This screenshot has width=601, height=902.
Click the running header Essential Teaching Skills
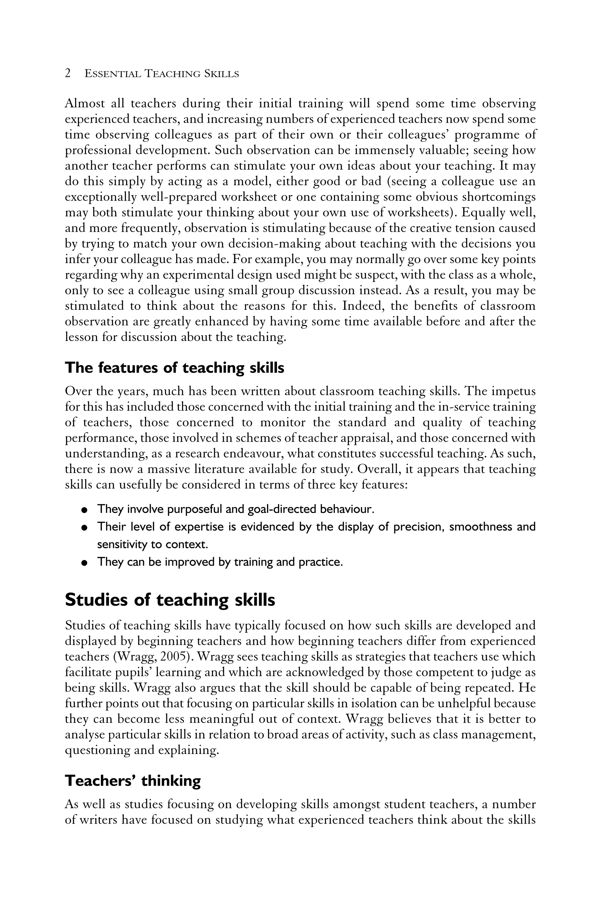click(x=161, y=74)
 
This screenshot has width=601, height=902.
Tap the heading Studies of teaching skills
click(x=170, y=599)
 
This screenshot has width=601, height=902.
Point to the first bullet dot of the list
click(x=84, y=510)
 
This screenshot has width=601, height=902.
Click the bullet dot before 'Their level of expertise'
click(x=84, y=528)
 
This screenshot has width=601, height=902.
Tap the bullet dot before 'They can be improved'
click(x=84, y=563)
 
